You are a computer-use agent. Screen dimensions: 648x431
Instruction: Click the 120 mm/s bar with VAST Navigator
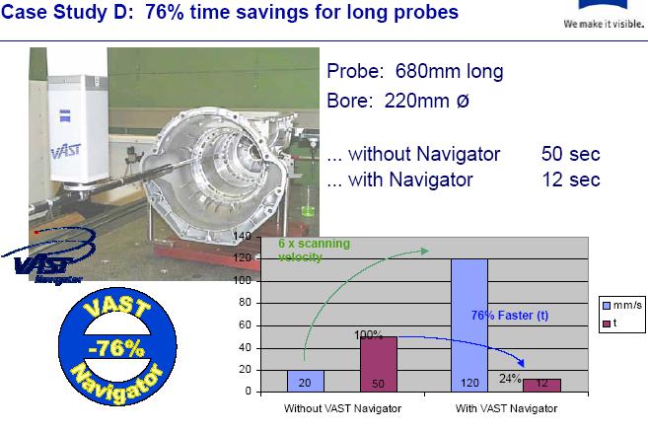point(469,325)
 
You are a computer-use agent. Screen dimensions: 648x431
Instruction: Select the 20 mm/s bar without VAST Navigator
point(306,381)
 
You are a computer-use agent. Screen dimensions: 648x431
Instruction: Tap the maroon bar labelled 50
point(379,364)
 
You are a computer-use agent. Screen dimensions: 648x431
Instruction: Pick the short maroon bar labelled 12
point(541,385)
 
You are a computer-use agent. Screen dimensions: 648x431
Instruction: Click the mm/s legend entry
point(622,306)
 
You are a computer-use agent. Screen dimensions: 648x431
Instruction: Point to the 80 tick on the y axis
point(245,303)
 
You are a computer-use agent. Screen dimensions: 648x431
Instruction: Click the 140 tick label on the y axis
point(243,236)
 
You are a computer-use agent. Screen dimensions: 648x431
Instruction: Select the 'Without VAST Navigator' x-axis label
point(342,408)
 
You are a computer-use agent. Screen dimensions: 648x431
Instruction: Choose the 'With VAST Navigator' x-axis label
point(506,408)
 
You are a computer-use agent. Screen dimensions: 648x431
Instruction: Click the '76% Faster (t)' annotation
point(510,316)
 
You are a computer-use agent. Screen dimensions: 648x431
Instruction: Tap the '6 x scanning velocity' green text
point(314,250)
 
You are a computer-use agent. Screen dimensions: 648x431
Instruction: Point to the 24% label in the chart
point(510,378)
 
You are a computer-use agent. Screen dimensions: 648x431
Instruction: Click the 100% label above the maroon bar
point(368,334)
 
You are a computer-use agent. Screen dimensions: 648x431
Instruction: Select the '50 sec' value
point(571,154)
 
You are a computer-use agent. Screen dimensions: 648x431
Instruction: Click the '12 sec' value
point(571,180)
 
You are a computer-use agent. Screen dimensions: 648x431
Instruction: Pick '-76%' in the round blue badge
point(116,347)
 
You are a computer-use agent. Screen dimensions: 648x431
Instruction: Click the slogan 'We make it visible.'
point(604,24)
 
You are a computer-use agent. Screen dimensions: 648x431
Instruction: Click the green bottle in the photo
point(308,204)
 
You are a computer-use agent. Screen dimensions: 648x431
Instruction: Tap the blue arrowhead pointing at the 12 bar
point(522,362)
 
